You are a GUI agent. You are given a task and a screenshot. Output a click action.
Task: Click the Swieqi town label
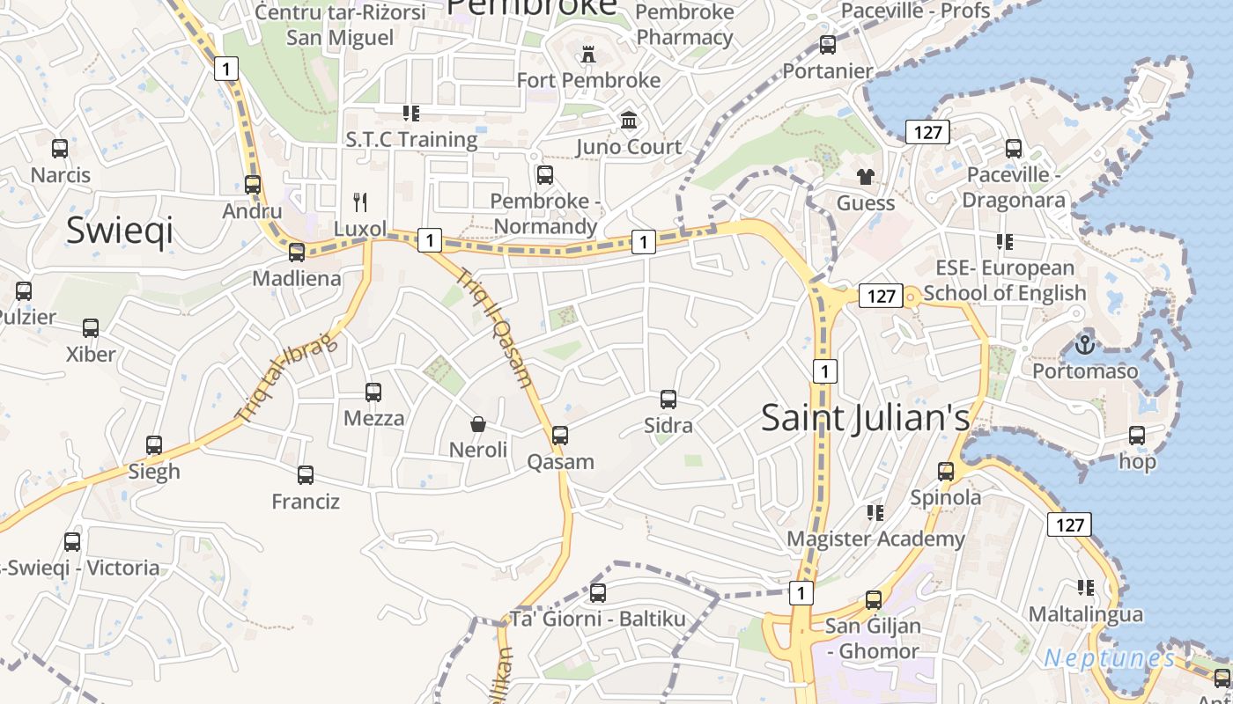tap(120, 230)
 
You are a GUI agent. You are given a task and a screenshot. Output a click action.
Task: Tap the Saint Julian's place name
tap(865, 417)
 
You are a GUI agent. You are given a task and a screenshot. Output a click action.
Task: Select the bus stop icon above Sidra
tap(668, 400)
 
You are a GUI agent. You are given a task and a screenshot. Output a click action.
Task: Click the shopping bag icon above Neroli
tap(478, 424)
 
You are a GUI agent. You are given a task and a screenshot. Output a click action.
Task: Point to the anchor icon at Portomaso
tap(1085, 344)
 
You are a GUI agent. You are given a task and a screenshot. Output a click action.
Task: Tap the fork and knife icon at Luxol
tap(360, 202)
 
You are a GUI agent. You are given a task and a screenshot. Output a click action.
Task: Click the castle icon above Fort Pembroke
tap(588, 55)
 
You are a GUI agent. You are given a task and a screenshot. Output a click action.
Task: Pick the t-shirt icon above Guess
tap(866, 177)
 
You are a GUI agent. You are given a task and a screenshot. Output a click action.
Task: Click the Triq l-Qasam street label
tap(495, 326)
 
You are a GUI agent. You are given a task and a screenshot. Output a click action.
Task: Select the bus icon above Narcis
tap(60, 149)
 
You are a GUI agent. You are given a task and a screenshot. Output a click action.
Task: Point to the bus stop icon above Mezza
tap(373, 392)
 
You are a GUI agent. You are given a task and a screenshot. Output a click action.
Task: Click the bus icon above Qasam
tap(560, 436)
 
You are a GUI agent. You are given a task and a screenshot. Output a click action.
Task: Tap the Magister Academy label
tap(875, 539)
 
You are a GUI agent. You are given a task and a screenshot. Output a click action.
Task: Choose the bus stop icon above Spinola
tap(946, 472)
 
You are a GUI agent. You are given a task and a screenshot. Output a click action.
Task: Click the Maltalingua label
tap(1085, 613)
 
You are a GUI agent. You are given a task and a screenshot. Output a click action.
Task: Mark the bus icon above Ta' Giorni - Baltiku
tap(598, 593)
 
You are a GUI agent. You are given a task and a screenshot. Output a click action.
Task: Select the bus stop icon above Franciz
tap(306, 475)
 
